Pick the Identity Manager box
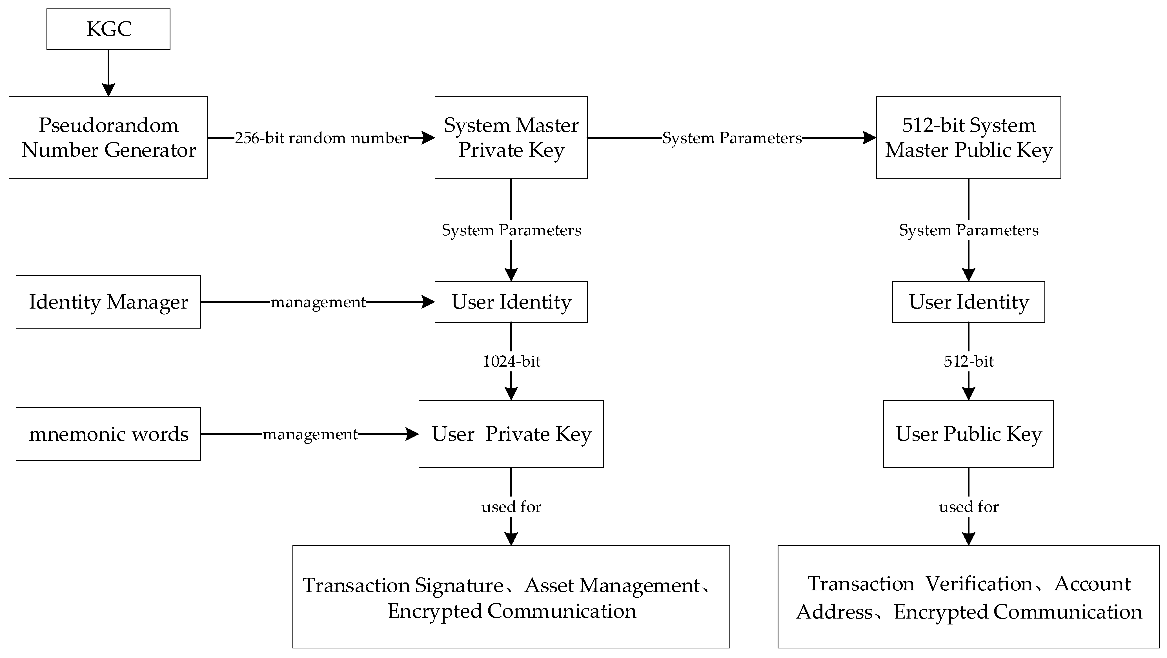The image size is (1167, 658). coord(108,302)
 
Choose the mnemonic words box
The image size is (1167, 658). coord(108,434)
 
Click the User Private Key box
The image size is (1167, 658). coord(511,434)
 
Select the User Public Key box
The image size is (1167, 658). coord(968,434)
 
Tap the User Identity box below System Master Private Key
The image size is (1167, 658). coord(511,302)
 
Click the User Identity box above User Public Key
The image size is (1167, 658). coord(968,302)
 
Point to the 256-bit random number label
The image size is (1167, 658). coord(322,138)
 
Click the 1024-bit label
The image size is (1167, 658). coord(511,362)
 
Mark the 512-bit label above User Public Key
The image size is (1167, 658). coord(968,362)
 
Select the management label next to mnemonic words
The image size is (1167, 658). coord(310,435)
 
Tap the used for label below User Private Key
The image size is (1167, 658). coord(511,507)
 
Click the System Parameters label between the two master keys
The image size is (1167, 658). coord(732,138)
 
